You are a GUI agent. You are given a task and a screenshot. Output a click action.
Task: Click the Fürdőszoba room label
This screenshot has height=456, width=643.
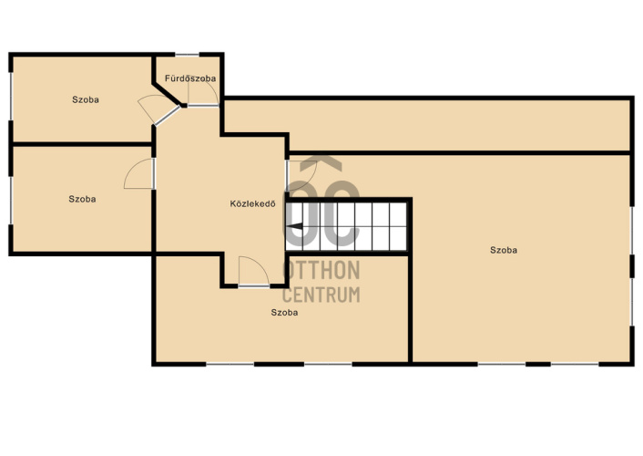point(190,78)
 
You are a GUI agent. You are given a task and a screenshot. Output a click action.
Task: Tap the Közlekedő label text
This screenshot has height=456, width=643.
point(252,203)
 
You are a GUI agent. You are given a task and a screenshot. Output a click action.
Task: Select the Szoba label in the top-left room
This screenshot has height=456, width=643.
point(86,99)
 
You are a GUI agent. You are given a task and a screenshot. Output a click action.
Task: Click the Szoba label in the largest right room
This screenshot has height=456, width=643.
point(504,250)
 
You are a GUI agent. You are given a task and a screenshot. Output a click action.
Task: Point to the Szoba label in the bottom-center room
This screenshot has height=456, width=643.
point(284,312)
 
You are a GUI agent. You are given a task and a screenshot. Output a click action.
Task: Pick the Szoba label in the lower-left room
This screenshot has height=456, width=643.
point(82,199)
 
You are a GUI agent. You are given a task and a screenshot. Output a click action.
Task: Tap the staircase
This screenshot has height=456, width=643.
point(346,226)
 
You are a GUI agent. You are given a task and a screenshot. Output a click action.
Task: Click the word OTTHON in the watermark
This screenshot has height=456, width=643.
point(321,270)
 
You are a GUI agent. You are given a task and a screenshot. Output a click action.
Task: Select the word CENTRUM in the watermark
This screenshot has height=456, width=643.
point(321,295)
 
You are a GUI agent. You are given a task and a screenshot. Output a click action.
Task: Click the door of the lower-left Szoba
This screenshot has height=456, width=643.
point(139,174)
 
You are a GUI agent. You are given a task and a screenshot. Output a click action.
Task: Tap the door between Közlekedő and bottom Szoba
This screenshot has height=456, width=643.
point(253,271)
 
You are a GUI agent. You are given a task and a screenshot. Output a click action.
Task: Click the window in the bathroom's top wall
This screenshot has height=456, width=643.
point(187,55)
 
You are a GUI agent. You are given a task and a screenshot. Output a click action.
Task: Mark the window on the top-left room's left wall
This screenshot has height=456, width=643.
point(11,97)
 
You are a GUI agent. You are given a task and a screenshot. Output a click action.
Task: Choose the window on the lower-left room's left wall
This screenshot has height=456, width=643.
point(11,201)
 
